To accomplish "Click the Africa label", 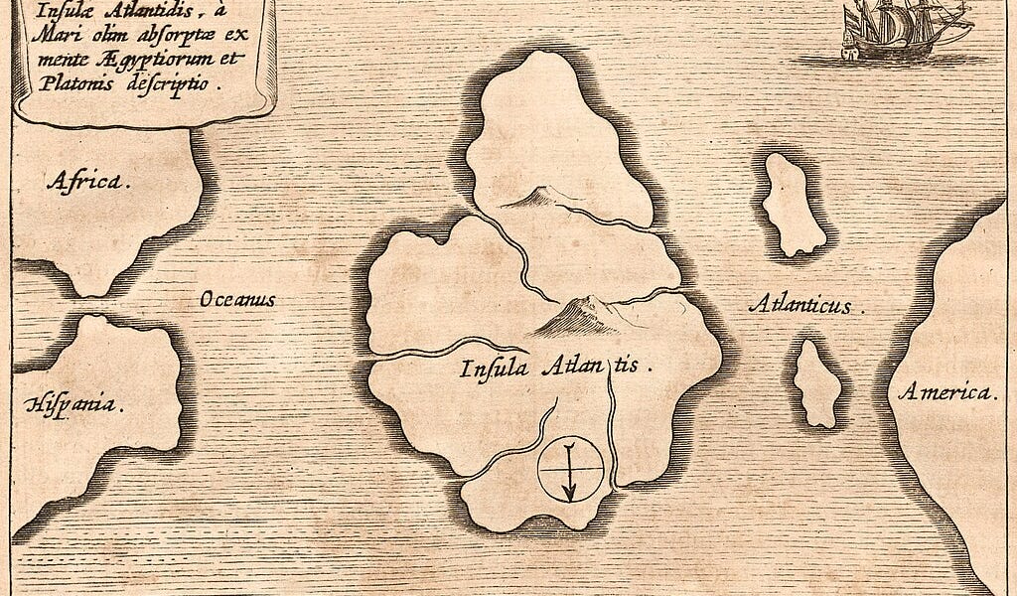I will click(87, 180).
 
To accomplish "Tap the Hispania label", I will click(76, 404).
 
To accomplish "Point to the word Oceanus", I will click(236, 299).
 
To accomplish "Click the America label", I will click(947, 392).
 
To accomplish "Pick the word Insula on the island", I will click(491, 369).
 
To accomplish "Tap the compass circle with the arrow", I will click(570, 469).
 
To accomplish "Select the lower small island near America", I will click(818, 383).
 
